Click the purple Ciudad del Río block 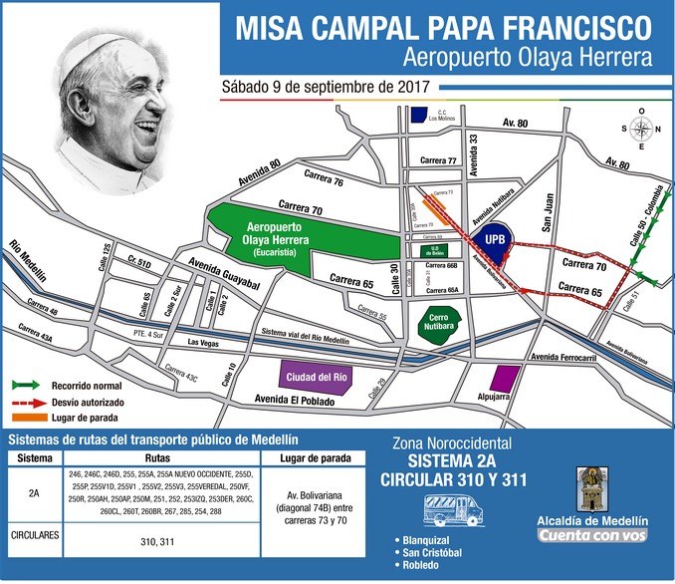(315, 378)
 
